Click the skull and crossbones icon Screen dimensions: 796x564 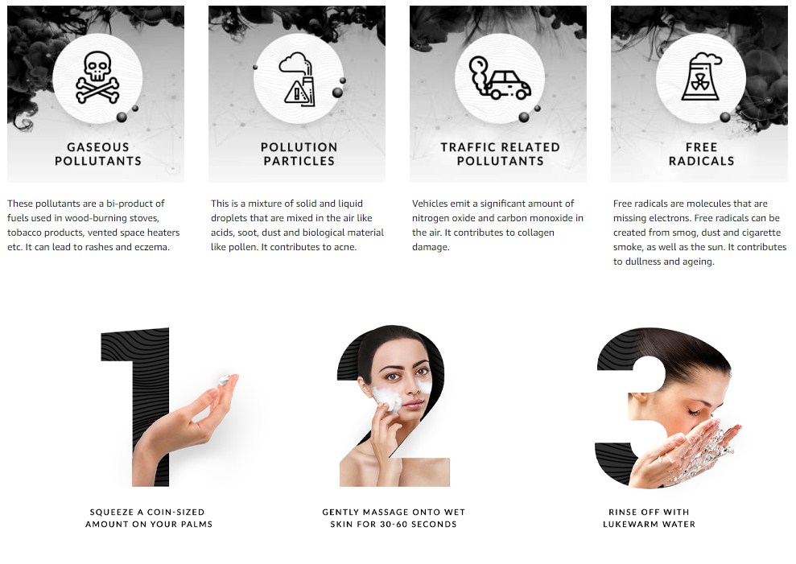pyautogui.click(x=97, y=79)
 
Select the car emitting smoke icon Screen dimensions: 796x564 pyautogui.click(x=500, y=78)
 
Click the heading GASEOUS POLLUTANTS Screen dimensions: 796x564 pyautogui.click(x=98, y=154)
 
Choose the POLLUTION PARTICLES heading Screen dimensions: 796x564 pyautogui.click(x=299, y=154)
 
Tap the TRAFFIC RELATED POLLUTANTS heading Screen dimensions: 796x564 pyautogui.click(x=500, y=154)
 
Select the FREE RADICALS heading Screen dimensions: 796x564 pyautogui.click(x=701, y=154)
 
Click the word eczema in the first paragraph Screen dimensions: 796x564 pyautogui.click(x=153, y=247)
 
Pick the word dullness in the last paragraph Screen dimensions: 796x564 pyautogui.click(x=642, y=261)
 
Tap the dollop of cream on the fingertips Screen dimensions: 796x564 pyautogui.click(x=226, y=379)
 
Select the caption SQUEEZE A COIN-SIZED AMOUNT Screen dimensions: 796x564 pyautogui.click(x=148, y=518)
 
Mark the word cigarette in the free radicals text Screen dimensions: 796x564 pyautogui.click(x=757, y=233)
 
